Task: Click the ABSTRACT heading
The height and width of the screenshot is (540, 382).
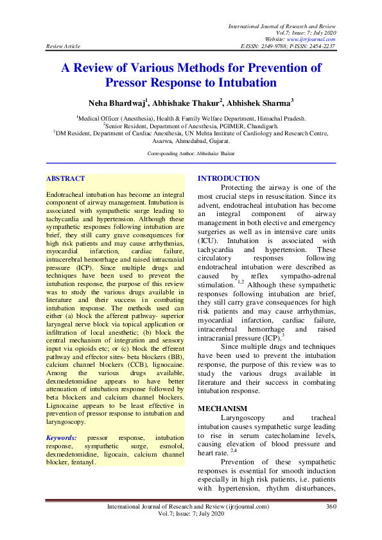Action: point(65,178)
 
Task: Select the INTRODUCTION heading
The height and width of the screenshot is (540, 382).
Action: point(211,178)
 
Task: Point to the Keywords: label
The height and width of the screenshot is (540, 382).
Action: point(62,437)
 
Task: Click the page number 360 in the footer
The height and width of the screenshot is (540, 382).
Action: point(331,525)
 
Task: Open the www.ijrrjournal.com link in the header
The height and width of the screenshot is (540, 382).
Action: point(315,39)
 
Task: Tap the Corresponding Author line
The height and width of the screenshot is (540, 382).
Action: point(191,154)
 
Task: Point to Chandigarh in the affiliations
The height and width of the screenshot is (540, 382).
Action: point(257,127)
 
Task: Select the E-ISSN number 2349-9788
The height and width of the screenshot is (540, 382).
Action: point(274,46)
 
